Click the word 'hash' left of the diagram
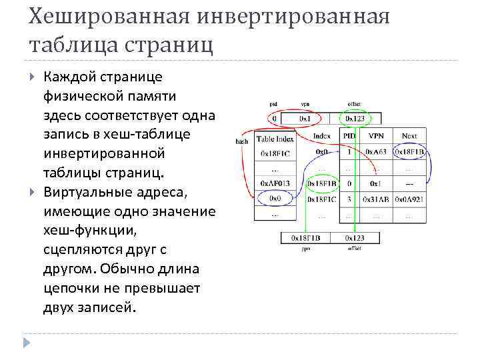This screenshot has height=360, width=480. pos(241,141)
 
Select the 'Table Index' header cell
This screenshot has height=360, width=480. pos(274,139)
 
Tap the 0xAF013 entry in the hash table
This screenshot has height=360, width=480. pos(274,183)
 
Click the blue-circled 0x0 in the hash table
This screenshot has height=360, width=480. pos(274,199)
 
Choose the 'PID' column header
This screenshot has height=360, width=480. pos(349,135)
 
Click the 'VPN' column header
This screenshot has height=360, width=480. pos(375,135)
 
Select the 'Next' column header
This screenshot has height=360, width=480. pos(409,135)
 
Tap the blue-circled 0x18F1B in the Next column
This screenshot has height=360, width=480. pos(409,151)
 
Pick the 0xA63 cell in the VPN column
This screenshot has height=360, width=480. pos(375,151)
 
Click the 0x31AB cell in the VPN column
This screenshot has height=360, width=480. pos(375,199)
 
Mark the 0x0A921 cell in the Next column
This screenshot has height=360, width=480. pos(409,199)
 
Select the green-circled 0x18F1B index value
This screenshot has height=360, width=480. pos(322,183)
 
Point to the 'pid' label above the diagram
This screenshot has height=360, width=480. pos(273,104)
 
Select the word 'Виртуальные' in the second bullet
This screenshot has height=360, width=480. pos(86,192)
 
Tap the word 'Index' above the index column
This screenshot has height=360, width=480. pos(322,135)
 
